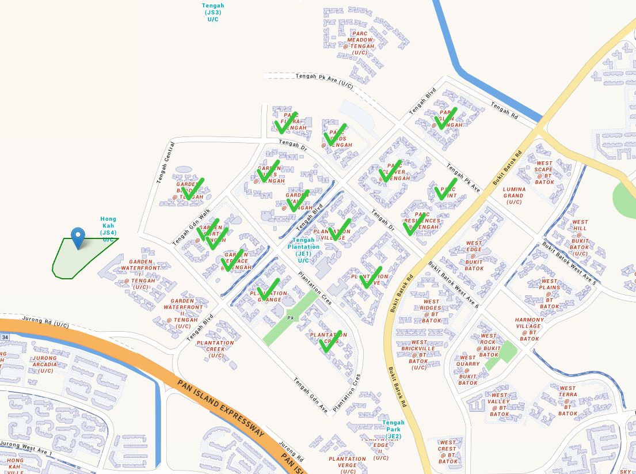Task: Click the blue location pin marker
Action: point(78,237)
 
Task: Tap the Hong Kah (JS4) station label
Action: point(108,229)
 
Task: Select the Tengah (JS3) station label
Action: point(212,12)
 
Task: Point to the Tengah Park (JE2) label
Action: point(393,430)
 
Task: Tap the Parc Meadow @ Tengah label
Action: point(360,43)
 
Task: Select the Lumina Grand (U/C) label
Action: point(513,196)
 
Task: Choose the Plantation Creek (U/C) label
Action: point(215,349)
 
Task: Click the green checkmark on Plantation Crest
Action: point(330,341)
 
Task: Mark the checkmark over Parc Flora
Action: point(285,122)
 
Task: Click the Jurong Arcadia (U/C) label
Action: point(45,364)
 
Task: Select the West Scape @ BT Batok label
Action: point(544,172)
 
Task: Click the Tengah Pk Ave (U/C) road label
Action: point(323,80)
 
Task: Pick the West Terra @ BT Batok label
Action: point(568,401)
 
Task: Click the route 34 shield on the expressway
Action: point(5,336)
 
